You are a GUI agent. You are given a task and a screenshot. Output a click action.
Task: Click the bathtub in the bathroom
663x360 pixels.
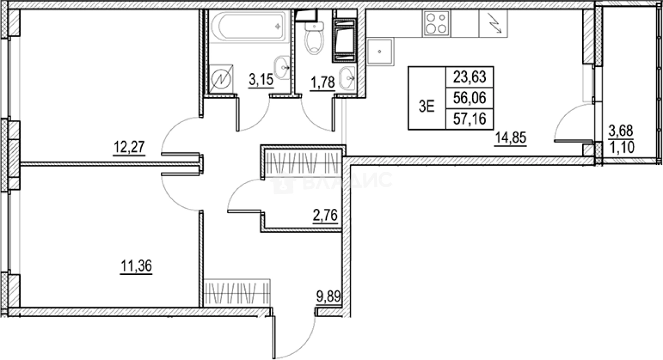[249, 26]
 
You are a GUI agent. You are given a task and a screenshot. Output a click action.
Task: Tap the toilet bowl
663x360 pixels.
[315, 38]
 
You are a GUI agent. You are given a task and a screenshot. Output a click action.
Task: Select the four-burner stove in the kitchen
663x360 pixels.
[436, 24]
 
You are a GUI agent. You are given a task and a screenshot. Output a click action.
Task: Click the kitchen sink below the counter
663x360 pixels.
[380, 51]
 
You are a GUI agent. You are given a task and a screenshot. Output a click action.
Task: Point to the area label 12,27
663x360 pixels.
[129, 147]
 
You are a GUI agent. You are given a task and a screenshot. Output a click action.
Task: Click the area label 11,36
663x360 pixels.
[136, 266]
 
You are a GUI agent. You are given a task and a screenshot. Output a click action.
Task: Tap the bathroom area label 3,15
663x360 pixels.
[261, 80]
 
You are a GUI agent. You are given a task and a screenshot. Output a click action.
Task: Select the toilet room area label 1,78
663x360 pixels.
[323, 82]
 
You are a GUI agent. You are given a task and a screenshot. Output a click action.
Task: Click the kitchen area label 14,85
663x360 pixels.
[511, 137]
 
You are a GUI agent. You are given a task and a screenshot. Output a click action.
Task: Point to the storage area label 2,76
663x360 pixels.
[325, 215]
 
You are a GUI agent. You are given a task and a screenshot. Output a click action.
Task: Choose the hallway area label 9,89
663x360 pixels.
[328, 297]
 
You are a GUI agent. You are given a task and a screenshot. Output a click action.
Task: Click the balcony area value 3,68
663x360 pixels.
[621, 131]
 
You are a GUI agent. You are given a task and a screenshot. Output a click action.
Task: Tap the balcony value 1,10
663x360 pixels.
[622, 147]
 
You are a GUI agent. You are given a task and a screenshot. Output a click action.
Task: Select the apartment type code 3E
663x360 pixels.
[427, 106]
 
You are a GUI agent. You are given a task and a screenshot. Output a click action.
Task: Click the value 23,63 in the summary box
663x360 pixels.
[469, 77]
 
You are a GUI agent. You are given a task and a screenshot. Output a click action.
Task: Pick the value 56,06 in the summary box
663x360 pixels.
[469, 98]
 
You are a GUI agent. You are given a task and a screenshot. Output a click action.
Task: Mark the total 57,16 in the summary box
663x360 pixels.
[469, 119]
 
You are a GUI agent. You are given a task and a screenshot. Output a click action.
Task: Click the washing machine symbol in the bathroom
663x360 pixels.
[221, 79]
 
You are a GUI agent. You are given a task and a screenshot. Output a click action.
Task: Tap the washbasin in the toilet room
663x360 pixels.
[347, 78]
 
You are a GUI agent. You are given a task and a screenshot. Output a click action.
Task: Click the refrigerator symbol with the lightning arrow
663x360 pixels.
[493, 24]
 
